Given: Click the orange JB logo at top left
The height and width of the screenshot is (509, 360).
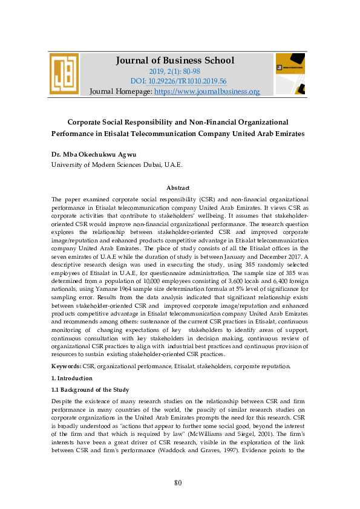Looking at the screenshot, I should (x=65, y=74).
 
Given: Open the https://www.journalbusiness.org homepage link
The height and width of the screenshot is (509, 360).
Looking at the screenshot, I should (x=207, y=91).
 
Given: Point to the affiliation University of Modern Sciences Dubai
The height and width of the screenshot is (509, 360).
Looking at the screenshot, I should (x=116, y=164).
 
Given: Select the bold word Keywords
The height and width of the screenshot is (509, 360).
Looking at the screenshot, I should (x=66, y=366).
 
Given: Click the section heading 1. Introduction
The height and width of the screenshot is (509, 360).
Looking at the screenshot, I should (x=72, y=378).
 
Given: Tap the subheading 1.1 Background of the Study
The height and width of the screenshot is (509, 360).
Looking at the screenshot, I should (x=90, y=389).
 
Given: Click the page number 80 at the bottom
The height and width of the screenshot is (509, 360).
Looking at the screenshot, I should (x=178, y=482).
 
